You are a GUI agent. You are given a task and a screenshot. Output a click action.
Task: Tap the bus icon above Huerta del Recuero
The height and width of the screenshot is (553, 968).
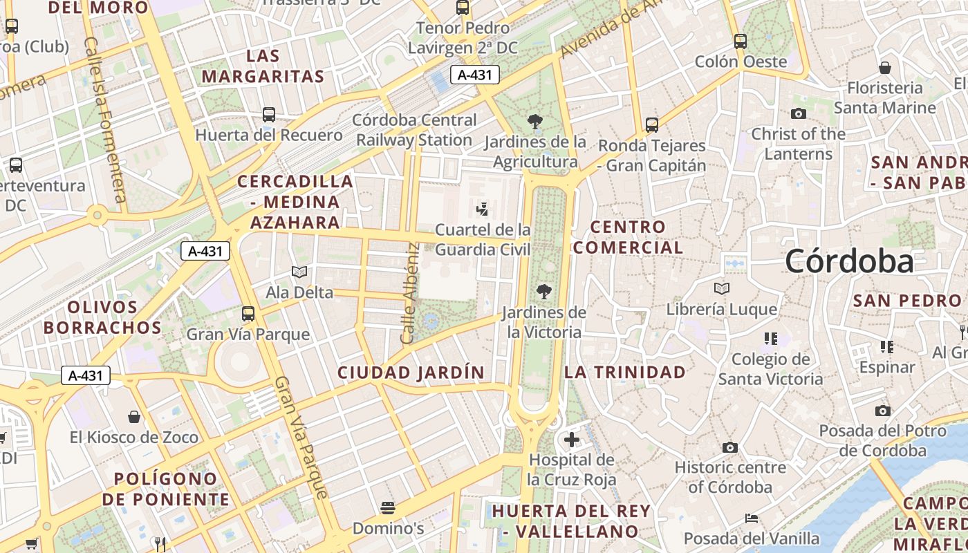(269, 115)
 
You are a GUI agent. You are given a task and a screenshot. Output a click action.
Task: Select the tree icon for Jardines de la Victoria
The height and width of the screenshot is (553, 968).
(544, 292)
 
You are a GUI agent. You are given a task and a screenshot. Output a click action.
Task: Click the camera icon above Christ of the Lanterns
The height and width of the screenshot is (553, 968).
(799, 113)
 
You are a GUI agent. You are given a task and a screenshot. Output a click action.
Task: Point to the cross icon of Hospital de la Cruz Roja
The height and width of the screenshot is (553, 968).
(572, 440)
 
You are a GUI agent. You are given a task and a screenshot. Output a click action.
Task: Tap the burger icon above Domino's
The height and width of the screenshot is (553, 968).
(388, 508)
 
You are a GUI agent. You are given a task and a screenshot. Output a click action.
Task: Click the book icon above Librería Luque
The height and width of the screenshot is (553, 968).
(722, 288)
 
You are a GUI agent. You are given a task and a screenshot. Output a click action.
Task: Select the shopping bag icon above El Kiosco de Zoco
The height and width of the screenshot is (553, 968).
(134, 417)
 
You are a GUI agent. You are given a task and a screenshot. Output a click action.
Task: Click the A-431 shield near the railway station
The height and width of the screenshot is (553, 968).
(475, 75)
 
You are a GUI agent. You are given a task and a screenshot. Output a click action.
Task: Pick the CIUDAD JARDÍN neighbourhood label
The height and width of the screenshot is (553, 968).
(411, 373)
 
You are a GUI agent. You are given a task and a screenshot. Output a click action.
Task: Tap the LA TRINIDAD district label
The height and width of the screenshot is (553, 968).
(625, 372)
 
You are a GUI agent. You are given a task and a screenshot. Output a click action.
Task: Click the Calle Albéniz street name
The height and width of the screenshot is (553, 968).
(409, 294)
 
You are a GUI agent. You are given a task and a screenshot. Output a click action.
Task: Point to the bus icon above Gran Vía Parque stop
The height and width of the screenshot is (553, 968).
(248, 313)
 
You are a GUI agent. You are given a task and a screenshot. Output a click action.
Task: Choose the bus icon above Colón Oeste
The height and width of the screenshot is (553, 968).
(741, 41)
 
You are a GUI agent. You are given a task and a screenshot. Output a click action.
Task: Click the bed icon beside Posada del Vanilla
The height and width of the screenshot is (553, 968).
(752, 518)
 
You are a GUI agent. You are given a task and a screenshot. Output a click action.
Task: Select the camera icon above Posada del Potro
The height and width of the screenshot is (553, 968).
(882, 411)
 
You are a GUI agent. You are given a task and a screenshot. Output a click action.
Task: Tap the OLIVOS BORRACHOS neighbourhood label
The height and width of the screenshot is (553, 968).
(103, 317)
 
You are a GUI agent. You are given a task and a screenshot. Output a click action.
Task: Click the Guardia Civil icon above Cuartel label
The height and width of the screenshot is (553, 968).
(483, 208)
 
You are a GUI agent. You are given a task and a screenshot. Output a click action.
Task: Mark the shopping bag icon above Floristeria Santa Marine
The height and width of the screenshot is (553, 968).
(884, 67)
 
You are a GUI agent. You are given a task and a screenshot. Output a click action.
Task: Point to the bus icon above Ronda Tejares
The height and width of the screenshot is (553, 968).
(652, 125)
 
